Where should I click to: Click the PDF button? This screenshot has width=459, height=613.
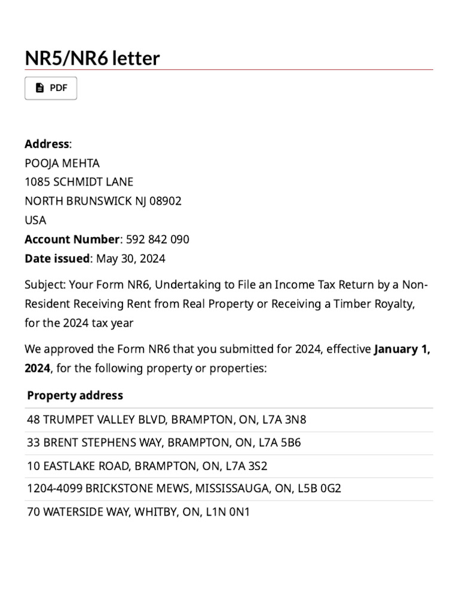tap(51, 88)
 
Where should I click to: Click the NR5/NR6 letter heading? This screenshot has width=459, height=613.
tap(92, 58)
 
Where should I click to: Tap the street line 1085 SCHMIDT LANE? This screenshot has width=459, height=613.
tap(79, 182)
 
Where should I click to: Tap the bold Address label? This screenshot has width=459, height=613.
tap(47, 144)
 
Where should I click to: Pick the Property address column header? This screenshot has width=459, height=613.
tap(75, 395)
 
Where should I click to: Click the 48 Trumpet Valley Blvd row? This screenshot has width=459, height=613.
tap(166, 420)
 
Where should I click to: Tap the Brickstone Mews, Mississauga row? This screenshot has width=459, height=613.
tap(184, 488)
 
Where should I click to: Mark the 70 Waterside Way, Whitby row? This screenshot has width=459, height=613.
tap(138, 512)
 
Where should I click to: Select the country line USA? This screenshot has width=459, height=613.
tap(35, 220)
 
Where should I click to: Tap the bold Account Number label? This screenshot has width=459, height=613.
tap(72, 239)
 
